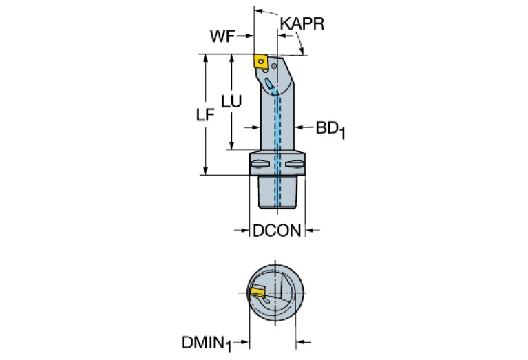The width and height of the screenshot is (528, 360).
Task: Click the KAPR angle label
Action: pyautogui.click(x=302, y=25)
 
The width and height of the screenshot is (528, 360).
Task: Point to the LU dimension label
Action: pyautogui.click(x=231, y=101)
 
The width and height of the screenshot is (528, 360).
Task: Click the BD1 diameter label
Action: pyautogui.click(x=330, y=129)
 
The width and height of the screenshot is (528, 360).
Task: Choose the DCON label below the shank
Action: pyautogui.click(x=277, y=231)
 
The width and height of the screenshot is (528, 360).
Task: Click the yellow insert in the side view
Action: pyautogui.click(x=262, y=61)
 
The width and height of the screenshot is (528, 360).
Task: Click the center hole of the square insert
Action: pyautogui.click(x=262, y=61)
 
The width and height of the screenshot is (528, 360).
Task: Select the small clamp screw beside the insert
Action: pyautogui.click(x=274, y=66)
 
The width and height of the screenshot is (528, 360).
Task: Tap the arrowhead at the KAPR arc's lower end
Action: pyautogui.click(x=304, y=50)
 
